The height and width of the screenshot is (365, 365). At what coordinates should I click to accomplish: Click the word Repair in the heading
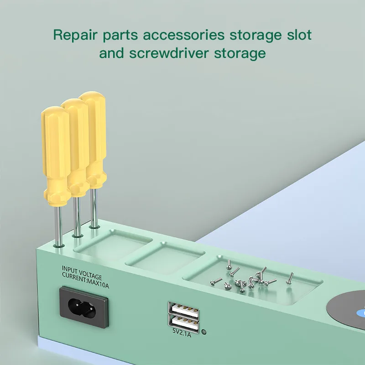(x=75, y=35)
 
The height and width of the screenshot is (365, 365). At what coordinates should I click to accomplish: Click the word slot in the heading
(x=297, y=35)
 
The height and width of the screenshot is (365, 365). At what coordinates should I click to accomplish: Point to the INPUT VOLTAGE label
(x=82, y=270)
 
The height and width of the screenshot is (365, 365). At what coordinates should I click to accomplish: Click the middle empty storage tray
(x=164, y=259)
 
